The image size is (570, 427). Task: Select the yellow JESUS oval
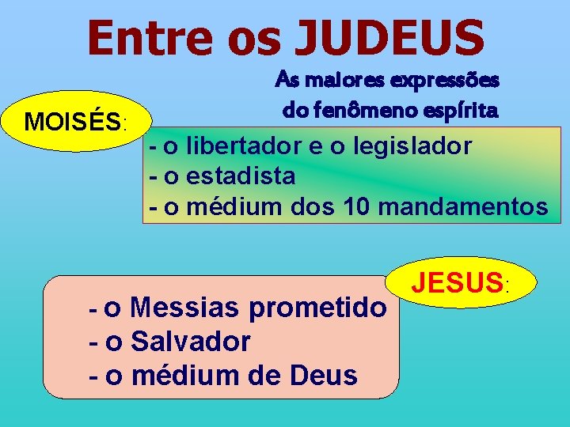point(463,281)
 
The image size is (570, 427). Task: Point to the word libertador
point(246,146)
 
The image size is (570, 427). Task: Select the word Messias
point(185,307)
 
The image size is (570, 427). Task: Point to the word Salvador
point(190,342)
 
